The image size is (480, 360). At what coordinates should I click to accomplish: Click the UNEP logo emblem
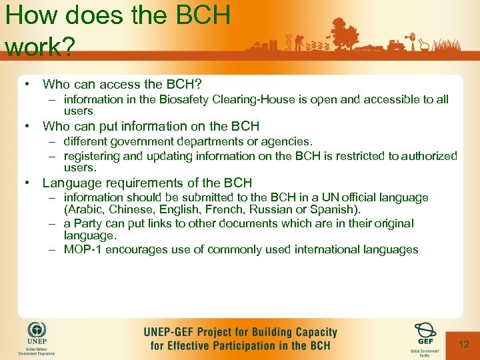[37, 332]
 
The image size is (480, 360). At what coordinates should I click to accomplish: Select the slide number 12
[464, 344]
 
